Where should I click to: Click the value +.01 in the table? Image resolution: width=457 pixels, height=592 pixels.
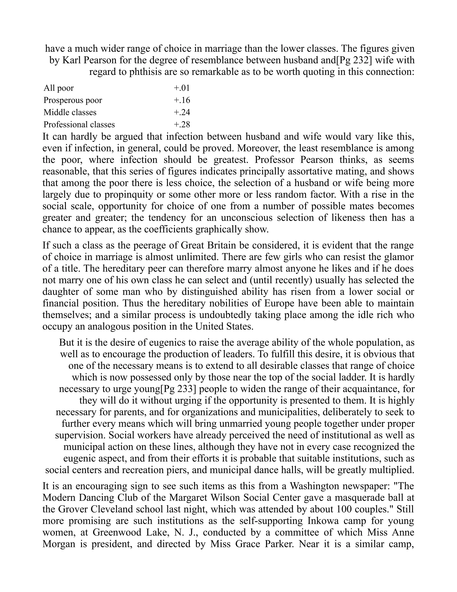pyautogui.click(x=182, y=88)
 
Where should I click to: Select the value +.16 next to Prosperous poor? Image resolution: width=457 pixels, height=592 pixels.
pyautogui.click(x=182, y=100)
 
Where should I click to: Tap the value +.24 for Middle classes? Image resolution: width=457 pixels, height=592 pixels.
pyautogui.click(x=182, y=112)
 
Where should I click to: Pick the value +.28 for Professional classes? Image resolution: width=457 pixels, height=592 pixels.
pyautogui.click(x=182, y=124)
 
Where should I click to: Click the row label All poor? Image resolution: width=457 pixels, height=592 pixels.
pyautogui.click(x=58, y=88)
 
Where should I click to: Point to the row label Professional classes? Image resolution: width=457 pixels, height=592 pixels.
pyautogui.click(x=79, y=124)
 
